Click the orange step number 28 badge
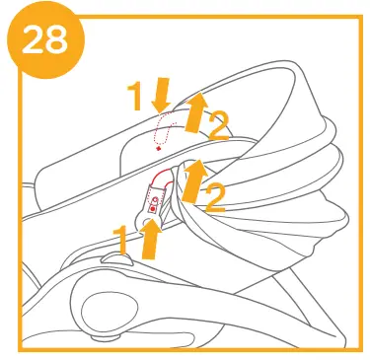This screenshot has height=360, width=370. point(45,40)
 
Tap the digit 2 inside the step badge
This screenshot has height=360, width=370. point(32,41)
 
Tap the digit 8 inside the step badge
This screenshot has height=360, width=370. point(57,41)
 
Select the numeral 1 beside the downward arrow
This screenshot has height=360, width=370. point(138,97)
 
